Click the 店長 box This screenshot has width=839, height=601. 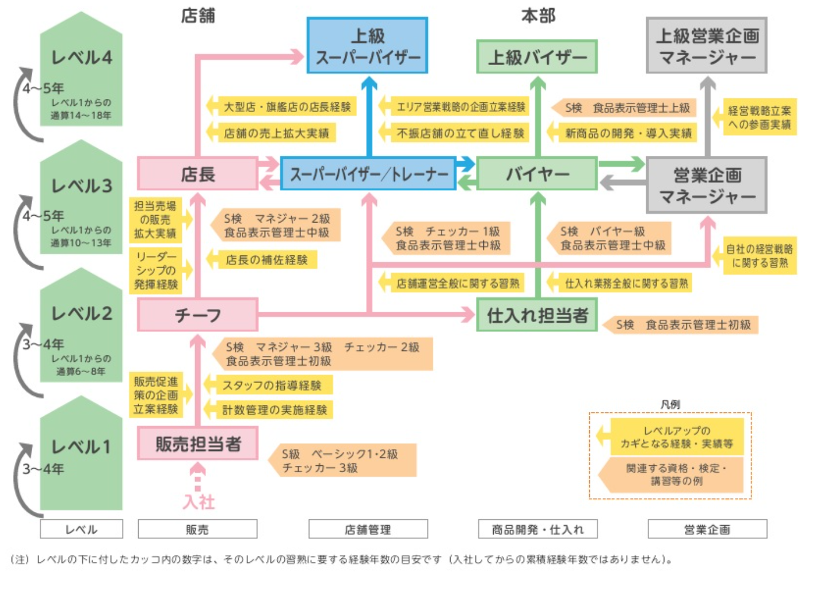[x=197, y=173]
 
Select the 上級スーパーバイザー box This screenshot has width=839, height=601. [x=367, y=46]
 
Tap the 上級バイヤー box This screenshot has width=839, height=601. [x=537, y=57]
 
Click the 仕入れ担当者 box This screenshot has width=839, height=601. [x=537, y=315]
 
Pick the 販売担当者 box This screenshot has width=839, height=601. [x=197, y=443]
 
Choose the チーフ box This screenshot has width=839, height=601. [x=197, y=315]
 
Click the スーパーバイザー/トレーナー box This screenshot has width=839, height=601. [x=368, y=174]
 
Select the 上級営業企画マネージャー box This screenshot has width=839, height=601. [x=707, y=46]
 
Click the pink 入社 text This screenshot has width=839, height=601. [x=199, y=502]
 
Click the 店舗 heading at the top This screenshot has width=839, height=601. [x=198, y=16]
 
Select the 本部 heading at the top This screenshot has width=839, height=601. [x=538, y=16]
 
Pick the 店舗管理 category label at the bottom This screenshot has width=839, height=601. [x=368, y=529]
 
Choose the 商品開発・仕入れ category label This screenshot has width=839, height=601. [x=537, y=529]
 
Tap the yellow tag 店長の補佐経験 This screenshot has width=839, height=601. [x=266, y=260]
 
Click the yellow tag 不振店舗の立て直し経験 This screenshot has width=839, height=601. [x=460, y=133]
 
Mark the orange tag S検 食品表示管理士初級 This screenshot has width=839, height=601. [x=682, y=325]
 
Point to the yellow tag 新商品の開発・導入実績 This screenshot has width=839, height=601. [x=627, y=133]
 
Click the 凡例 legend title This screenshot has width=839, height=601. [x=670, y=404]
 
